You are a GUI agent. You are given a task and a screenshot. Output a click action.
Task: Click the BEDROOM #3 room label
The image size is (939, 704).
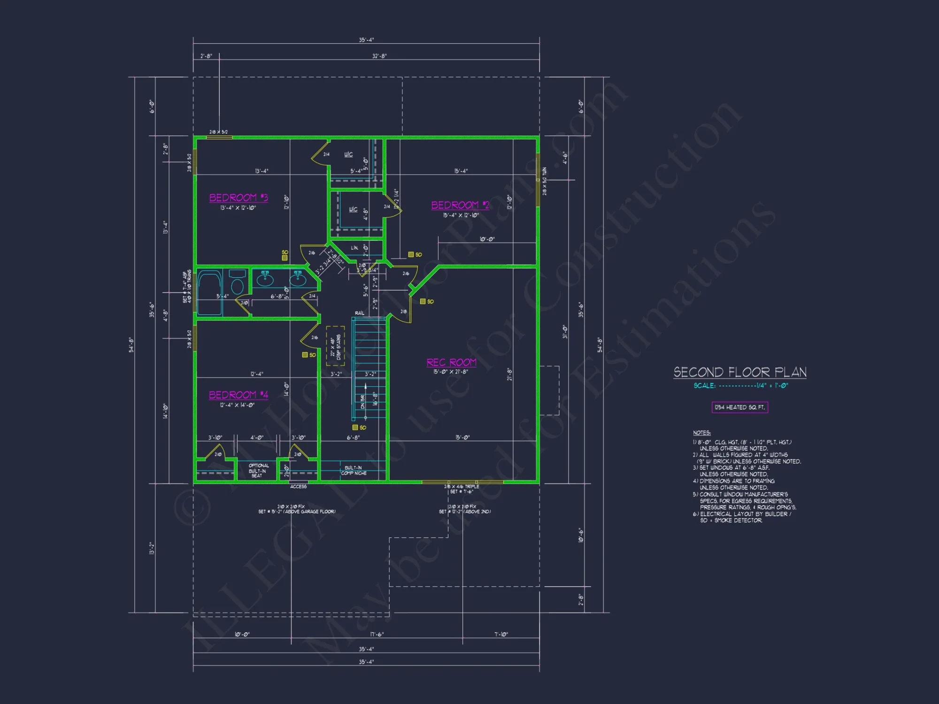239,198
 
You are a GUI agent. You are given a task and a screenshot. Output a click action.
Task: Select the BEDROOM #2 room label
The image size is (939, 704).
460,205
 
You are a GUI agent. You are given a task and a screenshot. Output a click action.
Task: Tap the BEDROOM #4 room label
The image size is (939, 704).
239,395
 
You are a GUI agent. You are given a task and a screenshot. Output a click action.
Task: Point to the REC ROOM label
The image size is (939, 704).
451,362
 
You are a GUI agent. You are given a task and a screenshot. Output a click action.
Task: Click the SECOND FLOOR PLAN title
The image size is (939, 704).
740,373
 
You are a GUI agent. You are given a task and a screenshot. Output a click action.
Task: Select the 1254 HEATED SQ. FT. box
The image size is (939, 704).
740,407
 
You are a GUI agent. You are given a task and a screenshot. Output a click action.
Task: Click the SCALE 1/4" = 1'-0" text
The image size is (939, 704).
741,386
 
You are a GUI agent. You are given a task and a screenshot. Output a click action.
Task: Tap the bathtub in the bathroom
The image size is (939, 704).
209,292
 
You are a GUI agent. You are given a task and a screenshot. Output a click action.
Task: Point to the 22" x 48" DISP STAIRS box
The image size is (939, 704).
335,346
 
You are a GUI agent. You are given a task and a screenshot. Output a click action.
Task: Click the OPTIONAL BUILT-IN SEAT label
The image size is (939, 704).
258,471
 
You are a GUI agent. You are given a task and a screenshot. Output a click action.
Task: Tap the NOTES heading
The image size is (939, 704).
701,433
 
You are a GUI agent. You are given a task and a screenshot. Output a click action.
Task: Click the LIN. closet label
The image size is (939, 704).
354,248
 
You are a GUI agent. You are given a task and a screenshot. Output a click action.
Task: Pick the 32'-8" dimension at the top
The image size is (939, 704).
379,56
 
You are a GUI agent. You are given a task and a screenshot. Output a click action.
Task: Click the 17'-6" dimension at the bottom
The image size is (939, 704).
377,635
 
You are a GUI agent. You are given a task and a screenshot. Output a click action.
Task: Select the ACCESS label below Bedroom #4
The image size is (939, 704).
298,487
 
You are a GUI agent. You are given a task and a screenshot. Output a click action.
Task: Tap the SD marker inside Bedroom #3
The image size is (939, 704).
285,255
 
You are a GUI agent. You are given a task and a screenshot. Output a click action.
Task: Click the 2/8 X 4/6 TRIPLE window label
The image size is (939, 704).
462,487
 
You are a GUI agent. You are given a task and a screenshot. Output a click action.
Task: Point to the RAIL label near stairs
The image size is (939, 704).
359,313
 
